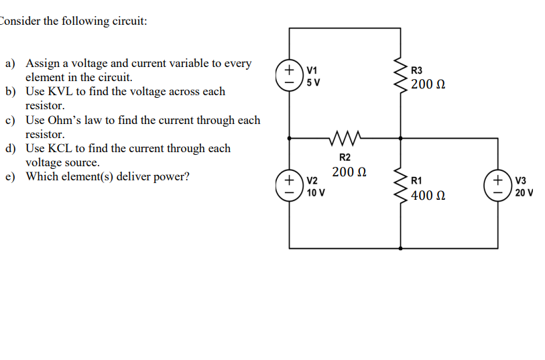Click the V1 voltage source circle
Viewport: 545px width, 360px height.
point(290,76)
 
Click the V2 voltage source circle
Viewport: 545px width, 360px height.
point(290,186)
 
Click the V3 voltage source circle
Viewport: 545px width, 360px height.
point(498,186)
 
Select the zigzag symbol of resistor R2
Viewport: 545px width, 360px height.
point(345,139)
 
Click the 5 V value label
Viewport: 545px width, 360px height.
point(313,83)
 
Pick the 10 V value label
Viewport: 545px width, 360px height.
point(316,193)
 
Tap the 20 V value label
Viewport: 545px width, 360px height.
point(524,193)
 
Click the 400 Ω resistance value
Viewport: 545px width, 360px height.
point(429,196)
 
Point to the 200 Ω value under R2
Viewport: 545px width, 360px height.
point(349,172)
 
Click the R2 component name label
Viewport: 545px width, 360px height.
point(345,157)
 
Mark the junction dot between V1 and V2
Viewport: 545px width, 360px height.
point(290,139)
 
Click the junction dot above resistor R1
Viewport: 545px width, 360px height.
point(401,139)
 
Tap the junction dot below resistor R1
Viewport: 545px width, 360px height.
point(401,247)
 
